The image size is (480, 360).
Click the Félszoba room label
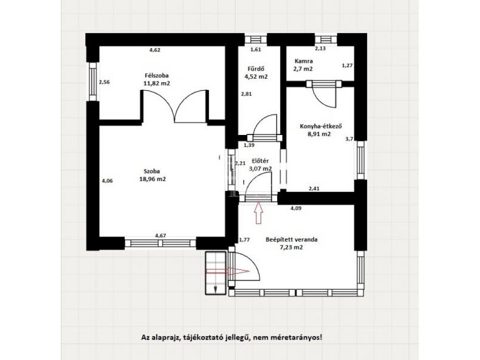157,76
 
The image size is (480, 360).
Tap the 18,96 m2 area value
152,179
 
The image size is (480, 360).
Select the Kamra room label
304,61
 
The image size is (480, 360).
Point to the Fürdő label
256,69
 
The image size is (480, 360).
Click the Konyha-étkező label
320,126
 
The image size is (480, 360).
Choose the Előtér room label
260,161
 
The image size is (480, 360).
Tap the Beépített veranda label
292,239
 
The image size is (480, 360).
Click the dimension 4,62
155,50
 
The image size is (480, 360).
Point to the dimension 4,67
161,235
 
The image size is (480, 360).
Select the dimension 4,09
296,208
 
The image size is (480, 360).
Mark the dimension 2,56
104,82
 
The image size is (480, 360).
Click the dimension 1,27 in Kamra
347,65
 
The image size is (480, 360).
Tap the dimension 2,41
314,188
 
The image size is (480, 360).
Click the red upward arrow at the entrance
259,213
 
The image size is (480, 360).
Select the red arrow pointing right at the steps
228,271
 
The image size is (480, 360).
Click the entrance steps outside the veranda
215,273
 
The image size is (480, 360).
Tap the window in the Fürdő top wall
256,40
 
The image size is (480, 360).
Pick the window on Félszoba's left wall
93,82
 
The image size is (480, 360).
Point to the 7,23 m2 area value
292,248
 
